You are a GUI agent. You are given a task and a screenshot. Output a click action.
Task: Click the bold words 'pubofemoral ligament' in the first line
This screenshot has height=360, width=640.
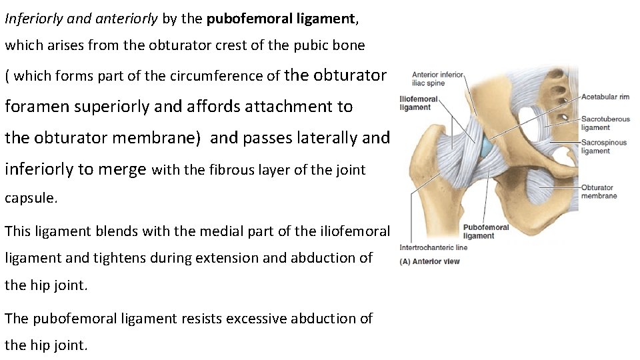282,19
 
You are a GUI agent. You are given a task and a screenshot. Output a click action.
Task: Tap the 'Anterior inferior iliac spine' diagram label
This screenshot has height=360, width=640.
437,79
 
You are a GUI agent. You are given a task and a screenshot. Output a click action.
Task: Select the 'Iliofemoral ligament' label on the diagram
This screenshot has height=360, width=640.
419,103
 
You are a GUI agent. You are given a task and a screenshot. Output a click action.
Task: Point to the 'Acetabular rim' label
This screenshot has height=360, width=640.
605,97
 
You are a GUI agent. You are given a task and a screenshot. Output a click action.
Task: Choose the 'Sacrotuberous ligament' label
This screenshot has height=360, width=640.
605,123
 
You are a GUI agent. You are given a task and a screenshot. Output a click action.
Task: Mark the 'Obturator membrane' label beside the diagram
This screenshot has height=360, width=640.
599,191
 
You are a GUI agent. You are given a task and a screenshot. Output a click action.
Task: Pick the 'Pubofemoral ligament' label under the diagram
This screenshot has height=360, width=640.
486,231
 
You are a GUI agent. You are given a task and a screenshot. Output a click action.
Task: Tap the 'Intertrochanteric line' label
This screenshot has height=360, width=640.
433,247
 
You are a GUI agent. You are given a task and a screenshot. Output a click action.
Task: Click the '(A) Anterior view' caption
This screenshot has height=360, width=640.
429,261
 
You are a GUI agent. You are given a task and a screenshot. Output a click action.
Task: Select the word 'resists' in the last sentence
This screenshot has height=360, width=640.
201,318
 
